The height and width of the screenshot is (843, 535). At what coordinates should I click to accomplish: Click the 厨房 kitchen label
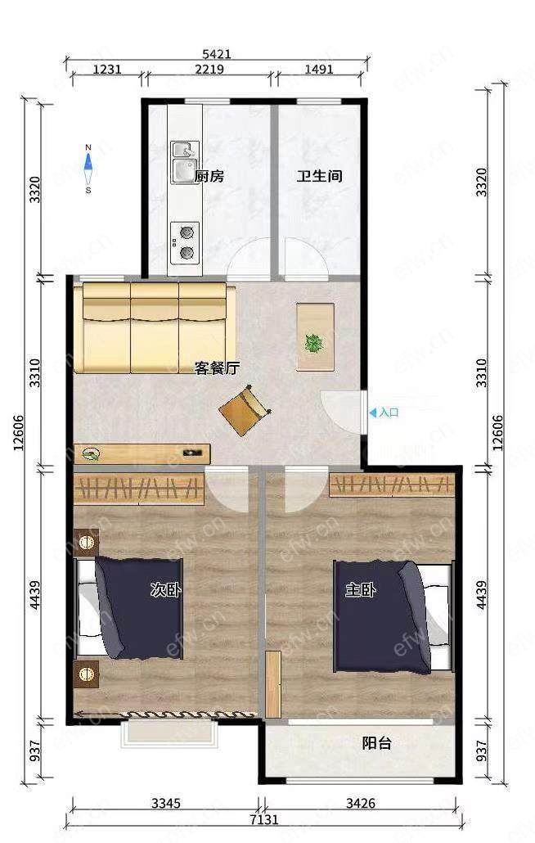209,176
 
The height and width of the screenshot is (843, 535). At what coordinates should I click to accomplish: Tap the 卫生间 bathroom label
320,176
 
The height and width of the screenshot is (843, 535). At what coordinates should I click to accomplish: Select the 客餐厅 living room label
217,368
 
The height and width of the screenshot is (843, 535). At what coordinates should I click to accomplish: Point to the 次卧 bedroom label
165,590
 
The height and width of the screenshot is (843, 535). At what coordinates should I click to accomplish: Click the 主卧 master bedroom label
361,590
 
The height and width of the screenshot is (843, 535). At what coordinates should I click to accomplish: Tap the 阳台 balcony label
376,743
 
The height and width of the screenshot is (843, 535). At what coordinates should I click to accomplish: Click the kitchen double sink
185,162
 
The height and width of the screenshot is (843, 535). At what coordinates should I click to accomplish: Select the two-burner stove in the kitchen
185,243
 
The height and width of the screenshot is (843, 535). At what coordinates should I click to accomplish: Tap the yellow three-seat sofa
155,328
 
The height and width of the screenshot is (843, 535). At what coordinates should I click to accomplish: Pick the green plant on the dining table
313,343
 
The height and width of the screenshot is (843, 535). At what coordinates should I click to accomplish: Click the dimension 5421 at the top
217,54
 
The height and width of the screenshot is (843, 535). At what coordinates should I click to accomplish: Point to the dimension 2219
209,70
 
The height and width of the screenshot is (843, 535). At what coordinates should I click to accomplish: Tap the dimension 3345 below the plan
166,804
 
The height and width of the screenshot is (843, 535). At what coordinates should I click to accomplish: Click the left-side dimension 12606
19,433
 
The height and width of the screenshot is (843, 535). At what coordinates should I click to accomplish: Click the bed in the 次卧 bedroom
129,608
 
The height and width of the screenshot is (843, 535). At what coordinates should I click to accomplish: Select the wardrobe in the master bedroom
392,485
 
